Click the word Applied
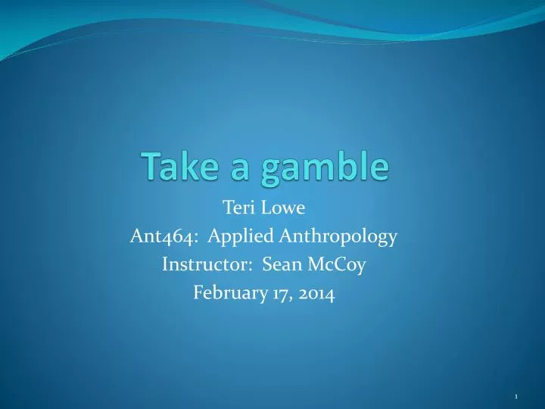tap(233, 238)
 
